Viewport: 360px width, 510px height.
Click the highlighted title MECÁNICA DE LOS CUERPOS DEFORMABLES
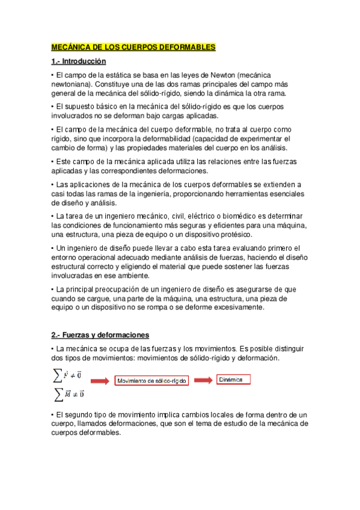tap(133, 47)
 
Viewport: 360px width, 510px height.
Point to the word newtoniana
tap(69, 84)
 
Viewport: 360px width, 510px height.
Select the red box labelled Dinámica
tap(233, 380)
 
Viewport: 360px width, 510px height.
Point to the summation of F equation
tap(68, 375)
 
